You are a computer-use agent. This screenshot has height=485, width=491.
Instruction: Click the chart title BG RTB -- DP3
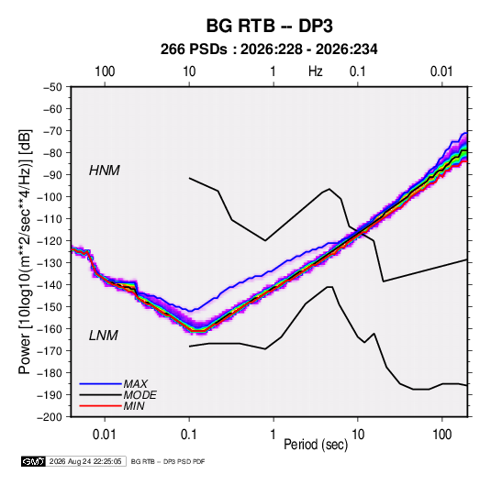coord(269,26)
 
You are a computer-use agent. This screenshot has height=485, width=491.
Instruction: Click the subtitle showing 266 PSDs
coord(269,50)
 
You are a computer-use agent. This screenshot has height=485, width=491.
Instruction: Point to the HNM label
coord(105,171)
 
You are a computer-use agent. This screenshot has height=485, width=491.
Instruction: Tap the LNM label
coord(104,336)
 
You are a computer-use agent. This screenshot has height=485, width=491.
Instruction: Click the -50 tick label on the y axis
coord(52,87)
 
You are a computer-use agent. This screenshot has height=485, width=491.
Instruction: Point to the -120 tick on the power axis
coord(50,241)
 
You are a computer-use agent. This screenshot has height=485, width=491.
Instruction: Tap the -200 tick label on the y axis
coord(50,417)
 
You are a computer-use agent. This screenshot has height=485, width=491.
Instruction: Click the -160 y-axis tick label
coord(50,329)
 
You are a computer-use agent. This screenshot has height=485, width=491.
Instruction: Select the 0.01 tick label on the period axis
coord(105,435)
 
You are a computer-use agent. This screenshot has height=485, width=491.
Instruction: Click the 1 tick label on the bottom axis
coord(273,435)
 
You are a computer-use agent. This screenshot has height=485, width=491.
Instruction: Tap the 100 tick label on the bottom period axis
coord(441,435)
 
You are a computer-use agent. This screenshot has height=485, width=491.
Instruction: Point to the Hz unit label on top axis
coord(316,72)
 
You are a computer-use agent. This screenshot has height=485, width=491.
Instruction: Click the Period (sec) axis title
coord(316,445)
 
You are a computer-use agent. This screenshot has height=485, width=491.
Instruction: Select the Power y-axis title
coord(25,251)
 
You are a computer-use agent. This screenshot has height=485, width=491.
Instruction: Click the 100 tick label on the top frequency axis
coord(105,72)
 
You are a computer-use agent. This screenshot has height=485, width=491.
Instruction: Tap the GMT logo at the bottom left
coord(34,461)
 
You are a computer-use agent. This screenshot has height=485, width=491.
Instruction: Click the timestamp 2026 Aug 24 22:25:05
coord(85,461)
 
